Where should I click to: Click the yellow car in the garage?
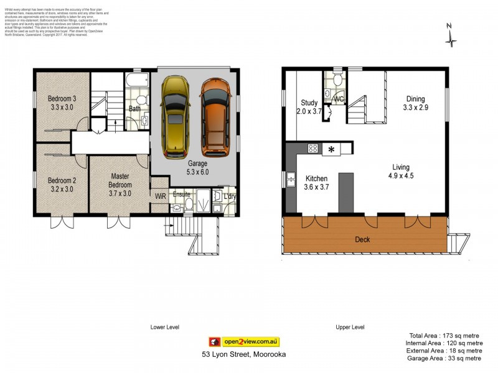[176, 117]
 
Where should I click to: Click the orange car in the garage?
[215, 117]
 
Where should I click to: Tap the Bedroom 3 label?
[62, 103]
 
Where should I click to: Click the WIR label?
[160, 196]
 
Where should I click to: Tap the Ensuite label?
[182, 194]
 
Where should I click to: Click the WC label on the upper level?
[339, 99]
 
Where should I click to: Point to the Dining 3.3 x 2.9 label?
[416, 103]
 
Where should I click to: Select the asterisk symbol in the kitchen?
[331, 149]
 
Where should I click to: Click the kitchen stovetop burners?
[313, 149]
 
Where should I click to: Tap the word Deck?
[364, 239]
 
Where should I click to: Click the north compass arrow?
[451, 37]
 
